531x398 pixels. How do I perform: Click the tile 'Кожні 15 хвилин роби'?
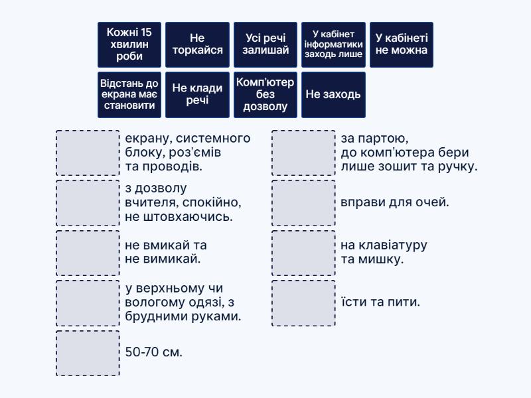[129, 44]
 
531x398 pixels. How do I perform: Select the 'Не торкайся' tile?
[197, 44]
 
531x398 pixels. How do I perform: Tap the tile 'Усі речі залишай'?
[265, 44]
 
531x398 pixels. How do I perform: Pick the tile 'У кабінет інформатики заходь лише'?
[333, 44]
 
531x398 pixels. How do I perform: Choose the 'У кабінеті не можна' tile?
[402, 44]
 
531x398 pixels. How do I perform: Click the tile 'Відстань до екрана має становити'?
[129, 94]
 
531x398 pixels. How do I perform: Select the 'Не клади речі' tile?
[197, 94]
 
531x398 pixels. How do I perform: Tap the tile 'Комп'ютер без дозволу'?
[265, 94]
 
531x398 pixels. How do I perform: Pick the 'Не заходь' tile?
[333, 94]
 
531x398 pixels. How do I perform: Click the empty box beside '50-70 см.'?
[88, 353]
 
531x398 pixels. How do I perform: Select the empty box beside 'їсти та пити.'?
[303, 303]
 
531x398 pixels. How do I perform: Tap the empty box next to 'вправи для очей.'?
[303, 203]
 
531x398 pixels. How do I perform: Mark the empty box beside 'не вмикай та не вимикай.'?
[88, 253]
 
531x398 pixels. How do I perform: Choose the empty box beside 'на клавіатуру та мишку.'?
[303, 253]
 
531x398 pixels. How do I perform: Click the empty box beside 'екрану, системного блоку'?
[88, 153]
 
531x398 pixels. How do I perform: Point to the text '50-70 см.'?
[153, 352]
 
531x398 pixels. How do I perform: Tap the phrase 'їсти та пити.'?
[380, 302]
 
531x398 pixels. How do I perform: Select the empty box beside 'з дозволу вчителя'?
[88, 203]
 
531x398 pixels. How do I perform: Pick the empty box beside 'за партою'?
[303, 153]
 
